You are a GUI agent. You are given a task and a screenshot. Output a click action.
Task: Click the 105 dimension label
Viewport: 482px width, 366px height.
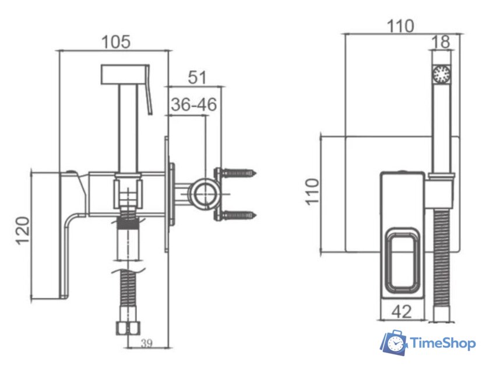(116, 42)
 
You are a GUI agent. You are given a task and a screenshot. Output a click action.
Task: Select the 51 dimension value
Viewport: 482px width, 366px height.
(197, 77)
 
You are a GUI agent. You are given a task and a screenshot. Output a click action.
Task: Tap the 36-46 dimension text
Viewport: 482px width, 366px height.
(193, 104)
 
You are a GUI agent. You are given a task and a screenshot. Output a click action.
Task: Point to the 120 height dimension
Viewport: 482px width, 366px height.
(23, 231)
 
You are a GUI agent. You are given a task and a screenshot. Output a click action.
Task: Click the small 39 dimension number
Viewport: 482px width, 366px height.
(147, 343)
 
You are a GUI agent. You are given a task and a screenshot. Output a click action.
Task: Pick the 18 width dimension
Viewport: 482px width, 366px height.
(441, 42)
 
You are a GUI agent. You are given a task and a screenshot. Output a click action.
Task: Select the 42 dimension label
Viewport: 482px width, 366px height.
(402, 312)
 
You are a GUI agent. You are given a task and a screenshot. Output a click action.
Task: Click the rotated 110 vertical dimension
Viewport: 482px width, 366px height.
(312, 191)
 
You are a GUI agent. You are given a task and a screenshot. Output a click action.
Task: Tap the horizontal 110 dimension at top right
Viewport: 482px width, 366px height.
(400, 26)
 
